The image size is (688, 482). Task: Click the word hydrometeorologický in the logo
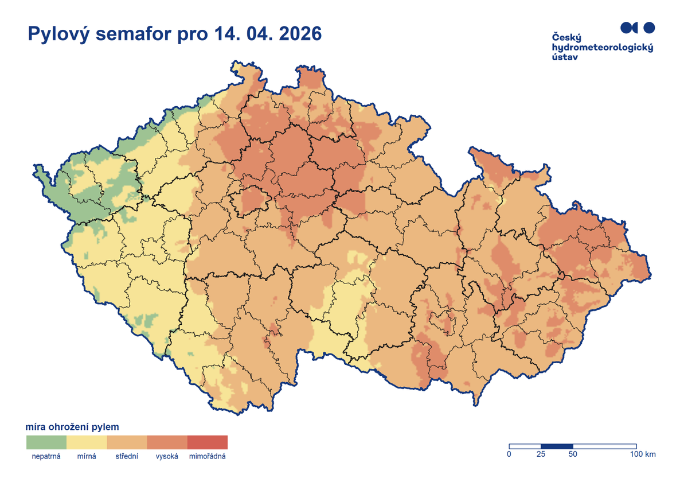(602, 48)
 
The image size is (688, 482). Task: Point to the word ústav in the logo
(565, 57)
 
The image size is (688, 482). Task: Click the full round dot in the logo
(648, 27)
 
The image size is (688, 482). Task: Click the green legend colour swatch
(46, 442)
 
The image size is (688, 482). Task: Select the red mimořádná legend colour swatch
(208, 442)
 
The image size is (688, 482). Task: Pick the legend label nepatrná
(46, 457)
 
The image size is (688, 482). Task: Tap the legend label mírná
(87, 457)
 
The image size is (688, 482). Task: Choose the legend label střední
(127, 457)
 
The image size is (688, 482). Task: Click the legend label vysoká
(167, 457)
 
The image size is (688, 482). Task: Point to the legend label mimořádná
(208, 457)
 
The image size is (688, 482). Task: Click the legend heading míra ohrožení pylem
(72, 427)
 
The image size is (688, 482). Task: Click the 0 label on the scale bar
(509, 454)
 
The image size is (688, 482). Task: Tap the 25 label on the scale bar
(541, 454)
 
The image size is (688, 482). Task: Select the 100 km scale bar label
(642, 454)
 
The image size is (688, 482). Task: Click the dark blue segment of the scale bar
(557, 446)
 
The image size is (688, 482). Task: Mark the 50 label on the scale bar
(573, 454)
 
